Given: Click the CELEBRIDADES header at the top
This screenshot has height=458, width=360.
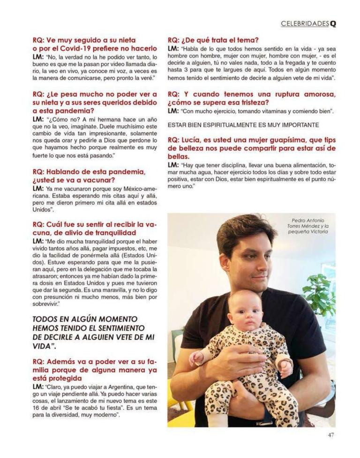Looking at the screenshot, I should (x=305, y=24).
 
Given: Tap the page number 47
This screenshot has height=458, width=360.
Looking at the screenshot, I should (x=331, y=435).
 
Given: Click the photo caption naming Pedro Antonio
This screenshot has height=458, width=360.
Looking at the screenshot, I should (x=310, y=226).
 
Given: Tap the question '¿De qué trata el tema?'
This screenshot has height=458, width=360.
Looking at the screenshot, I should (x=213, y=40).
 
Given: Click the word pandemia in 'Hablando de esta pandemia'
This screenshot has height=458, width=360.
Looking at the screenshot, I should (x=120, y=171).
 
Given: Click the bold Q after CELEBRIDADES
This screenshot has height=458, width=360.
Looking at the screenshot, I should (x=333, y=24).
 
